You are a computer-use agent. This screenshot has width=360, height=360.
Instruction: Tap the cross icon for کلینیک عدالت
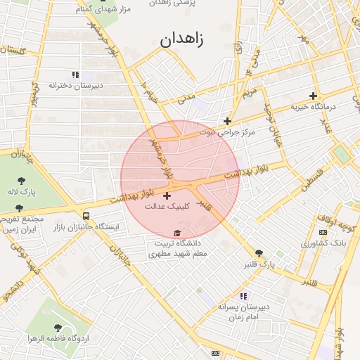pos(167,195)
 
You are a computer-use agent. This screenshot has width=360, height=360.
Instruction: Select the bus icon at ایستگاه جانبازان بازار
pos(86,216)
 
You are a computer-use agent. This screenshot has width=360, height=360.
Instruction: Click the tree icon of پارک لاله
pos(21,181)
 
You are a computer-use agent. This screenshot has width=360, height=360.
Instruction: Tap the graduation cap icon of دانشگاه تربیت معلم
pos(177,233)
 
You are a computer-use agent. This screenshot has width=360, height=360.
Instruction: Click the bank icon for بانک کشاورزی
pos(323,232)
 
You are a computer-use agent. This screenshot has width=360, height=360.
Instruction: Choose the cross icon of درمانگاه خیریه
pos(313,96)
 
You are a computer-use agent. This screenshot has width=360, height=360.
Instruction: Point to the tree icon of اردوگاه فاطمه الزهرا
pos(58,328)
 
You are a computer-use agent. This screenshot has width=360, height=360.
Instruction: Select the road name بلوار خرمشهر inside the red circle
pos(160,156)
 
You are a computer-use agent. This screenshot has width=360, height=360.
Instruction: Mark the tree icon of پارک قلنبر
pos(259,253)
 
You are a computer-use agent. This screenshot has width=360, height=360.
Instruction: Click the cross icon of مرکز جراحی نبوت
pos(227,121)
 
